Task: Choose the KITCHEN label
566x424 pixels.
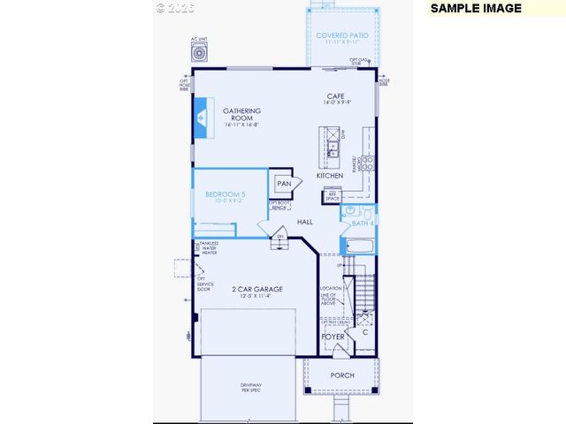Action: [330, 176]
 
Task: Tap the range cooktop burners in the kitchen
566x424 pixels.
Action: [368, 163]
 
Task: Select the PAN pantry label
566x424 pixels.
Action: [284, 184]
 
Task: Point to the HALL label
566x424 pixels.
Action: [305, 222]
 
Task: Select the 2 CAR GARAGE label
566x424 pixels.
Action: [256, 290]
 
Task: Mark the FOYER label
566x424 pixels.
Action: [333, 337]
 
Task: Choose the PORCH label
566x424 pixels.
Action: [342, 375]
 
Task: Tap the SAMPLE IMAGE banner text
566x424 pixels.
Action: [476, 8]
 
